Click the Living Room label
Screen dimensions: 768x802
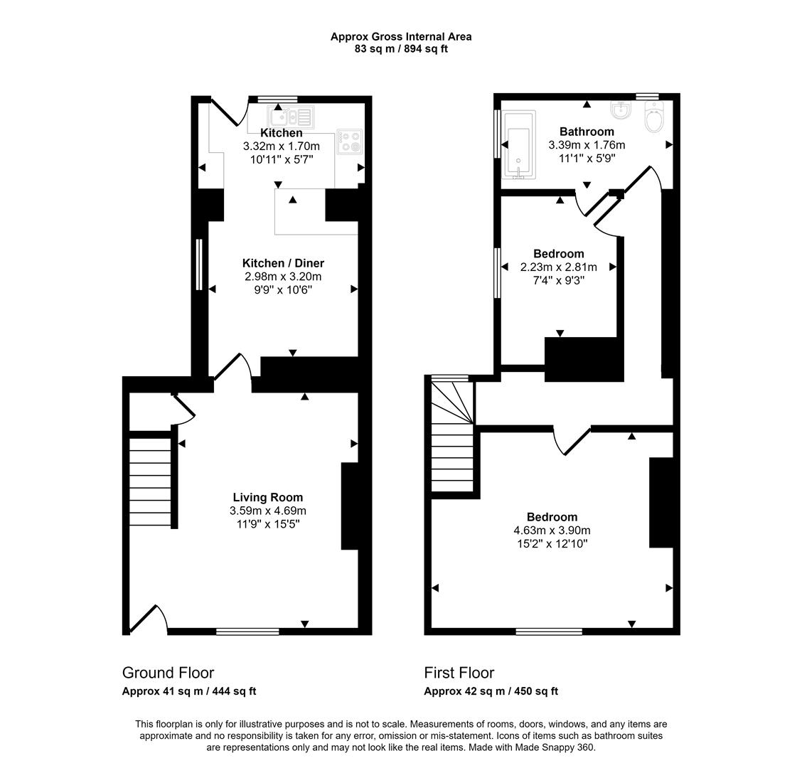pos(267,498)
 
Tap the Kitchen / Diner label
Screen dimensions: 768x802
pos(283,263)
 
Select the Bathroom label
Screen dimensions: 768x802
pos(587,132)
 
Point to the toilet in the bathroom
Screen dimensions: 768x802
pos(653,118)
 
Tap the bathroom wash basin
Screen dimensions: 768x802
pos(621,111)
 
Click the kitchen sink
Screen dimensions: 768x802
pos(290,116)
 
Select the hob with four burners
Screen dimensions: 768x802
pos(349,141)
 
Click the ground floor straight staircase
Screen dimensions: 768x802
pos(151,481)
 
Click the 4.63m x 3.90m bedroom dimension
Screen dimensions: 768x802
pos(552,530)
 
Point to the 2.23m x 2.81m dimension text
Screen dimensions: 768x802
pos(558,267)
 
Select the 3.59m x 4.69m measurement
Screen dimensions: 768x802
pos(268,511)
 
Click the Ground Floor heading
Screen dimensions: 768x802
pos(168,673)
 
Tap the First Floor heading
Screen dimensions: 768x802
pos(459,673)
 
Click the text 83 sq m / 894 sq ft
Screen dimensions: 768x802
pos(401,49)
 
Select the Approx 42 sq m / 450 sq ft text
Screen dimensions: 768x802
pos(491,691)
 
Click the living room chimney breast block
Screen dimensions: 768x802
pos(350,506)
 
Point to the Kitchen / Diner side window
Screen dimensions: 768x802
pos(199,264)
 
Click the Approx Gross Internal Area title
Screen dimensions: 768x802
pos(401,36)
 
